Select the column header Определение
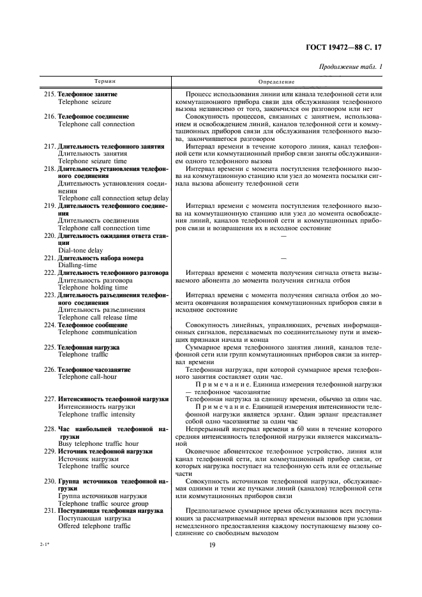(277, 82)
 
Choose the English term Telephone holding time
(93, 287)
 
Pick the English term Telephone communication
(98, 332)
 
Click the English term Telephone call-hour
(91, 376)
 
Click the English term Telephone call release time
(98, 317)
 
